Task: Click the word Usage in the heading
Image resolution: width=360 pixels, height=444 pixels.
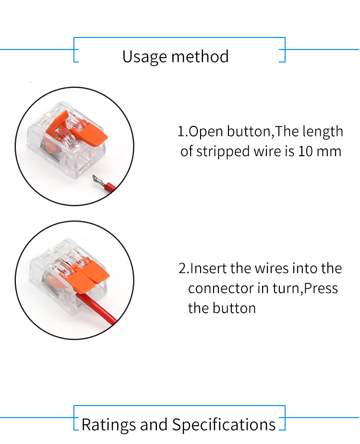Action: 144,57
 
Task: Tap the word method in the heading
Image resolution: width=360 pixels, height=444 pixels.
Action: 200,56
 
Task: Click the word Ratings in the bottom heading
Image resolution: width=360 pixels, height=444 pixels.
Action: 108,425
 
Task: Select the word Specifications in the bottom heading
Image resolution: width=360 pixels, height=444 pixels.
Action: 224,425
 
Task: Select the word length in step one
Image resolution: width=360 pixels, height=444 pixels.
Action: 323,131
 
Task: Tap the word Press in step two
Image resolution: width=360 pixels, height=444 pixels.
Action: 321,288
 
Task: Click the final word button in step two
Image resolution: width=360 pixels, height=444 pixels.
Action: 234,308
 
